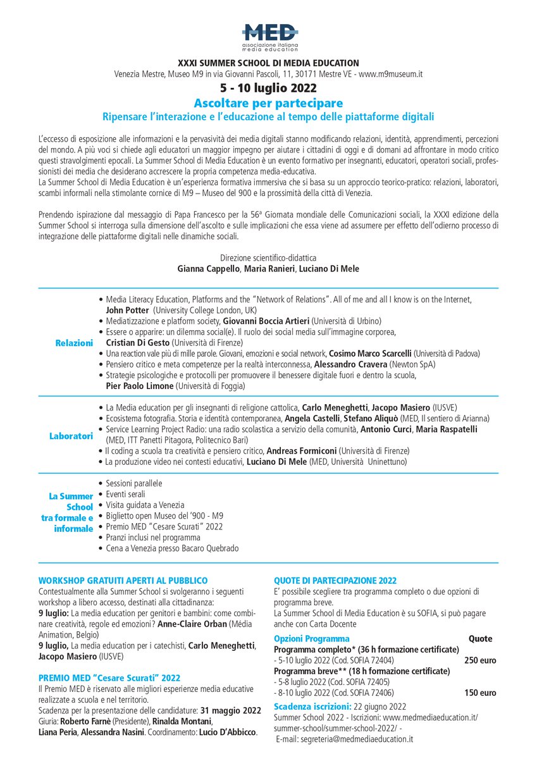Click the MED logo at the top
pyautogui.click(x=269, y=37)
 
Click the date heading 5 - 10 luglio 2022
pyautogui.click(x=268, y=88)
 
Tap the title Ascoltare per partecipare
pyautogui.click(x=268, y=103)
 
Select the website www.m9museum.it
pyautogui.click(x=391, y=74)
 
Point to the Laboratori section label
pyautogui.click(x=71, y=436)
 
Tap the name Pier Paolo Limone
pyautogui.click(x=139, y=385)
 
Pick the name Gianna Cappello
pyautogui.click(x=207, y=269)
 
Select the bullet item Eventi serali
pyautogui.click(x=125, y=494)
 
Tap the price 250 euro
pyautogui.click(x=480, y=660)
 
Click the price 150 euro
pyautogui.click(x=480, y=693)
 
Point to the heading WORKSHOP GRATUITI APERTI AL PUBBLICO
pyautogui.click(x=123, y=580)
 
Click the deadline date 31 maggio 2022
pyautogui.click(x=232, y=710)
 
